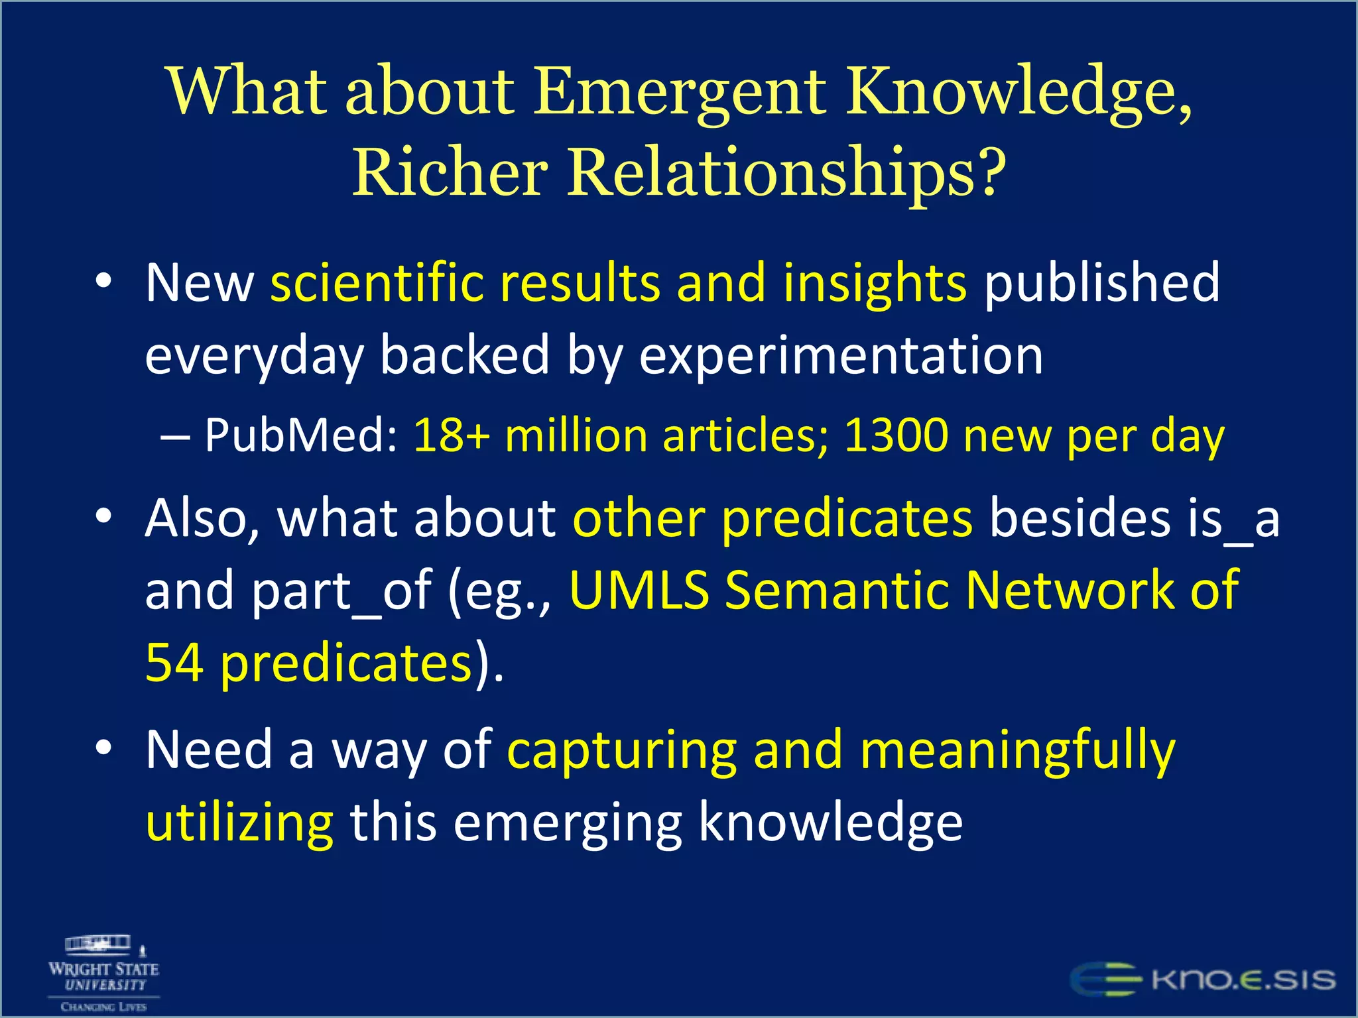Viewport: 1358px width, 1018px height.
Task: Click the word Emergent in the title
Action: (x=680, y=93)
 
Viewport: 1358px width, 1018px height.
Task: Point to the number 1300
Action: (x=896, y=436)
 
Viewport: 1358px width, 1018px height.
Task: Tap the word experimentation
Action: (x=841, y=356)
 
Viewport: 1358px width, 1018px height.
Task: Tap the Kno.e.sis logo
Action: (x=1204, y=980)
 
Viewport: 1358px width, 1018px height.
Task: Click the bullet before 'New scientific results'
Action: (x=103, y=281)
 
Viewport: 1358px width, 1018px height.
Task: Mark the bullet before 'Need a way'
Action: (x=103, y=748)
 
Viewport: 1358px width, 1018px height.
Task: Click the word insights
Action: (x=875, y=283)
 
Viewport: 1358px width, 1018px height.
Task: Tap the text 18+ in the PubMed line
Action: (x=452, y=436)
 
